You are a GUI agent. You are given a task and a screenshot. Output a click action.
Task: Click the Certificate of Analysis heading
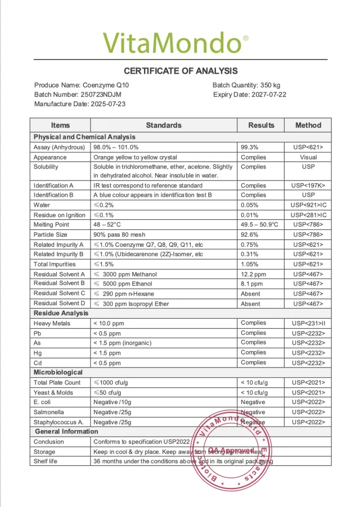[181, 71]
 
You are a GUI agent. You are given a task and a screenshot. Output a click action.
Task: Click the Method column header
[308, 125]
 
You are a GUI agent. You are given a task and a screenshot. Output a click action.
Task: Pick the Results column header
[261, 125]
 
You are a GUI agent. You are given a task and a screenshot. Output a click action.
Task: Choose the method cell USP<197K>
[308, 185]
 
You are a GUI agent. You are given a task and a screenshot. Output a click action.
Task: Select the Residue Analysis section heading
[61, 313]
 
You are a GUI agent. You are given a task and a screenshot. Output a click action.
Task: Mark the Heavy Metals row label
[52, 323]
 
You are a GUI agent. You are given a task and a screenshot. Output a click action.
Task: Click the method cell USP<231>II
[308, 323]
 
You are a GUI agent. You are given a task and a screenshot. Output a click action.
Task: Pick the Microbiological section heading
[58, 372]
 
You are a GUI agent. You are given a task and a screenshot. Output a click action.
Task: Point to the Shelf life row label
[45, 461]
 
